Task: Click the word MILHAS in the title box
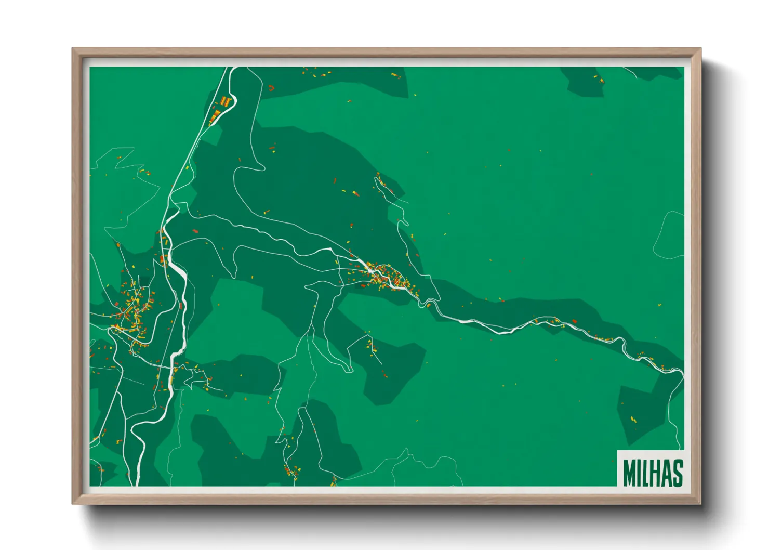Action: pyautogui.click(x=653, y=472)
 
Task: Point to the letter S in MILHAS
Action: pyautogui.click(x=677, y=472)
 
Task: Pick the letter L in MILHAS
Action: pyautogui.click(x=643, y=472)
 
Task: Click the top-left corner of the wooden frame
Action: pyautogui.click(x=73, y=49)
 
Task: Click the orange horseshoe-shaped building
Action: pyautogui.click(x=271, y=88)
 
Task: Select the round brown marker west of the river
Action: pyautogui.click(x=118, y=244)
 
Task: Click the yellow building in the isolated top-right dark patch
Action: pyautogui.click(x=601, y=81)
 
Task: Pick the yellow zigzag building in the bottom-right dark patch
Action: pyautogui.click(x=633, y=419)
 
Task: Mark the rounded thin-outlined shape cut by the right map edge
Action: pyautogui.click(x=670, y=235)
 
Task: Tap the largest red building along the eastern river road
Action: pyautogui.click(x=575, y=321)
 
